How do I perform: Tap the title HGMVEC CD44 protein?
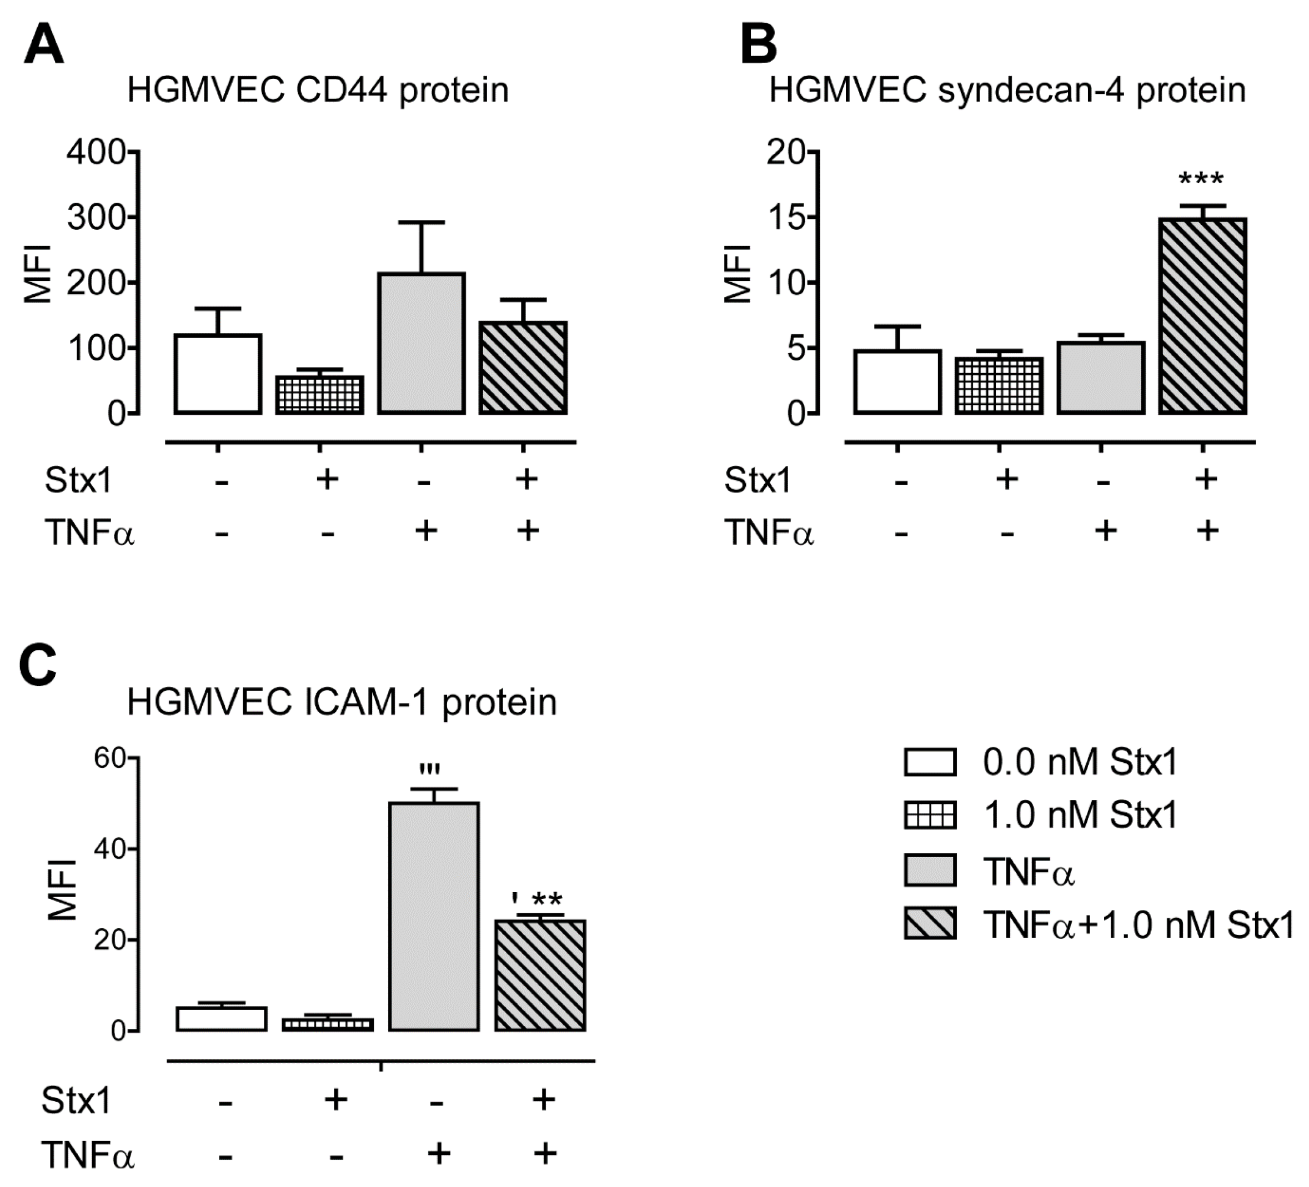pyautogui.click(x=318, y=90)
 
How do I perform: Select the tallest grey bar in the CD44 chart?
pyautogui.click(x=422, y=343)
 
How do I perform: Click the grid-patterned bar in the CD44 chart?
pyautogui.click(x=319, y=395)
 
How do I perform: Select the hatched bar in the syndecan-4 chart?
pyautogui.click(x=1202, y=316)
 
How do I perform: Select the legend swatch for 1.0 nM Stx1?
pyautogui.click(x=930, y=816)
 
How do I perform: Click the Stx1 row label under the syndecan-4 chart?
pyautogui.click(x=758, y=481)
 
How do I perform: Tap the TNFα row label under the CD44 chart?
pyautogui.click(x=89, y=534)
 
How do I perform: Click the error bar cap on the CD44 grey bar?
pyautogui.click(x=422, y=223)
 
